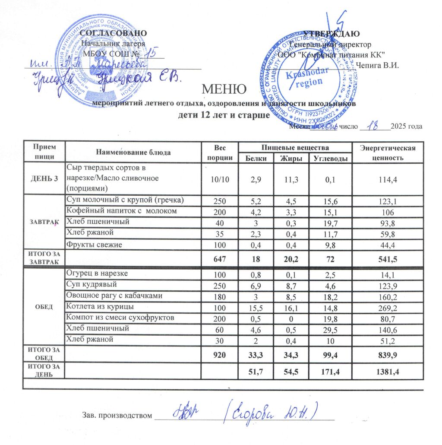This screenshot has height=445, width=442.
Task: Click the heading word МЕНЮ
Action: click(224, 89)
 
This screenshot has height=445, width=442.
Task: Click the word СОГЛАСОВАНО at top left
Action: click(113, 33)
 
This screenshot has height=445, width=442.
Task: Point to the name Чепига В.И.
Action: click(379, 66)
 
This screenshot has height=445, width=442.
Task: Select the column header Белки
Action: click(256, 159)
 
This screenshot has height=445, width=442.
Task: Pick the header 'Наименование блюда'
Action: click(133, 152)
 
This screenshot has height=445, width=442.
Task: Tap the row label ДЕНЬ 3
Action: click(44, 179)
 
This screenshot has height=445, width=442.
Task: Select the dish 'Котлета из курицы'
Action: click(99, 307)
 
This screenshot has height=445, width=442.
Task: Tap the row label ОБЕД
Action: click(44, 307)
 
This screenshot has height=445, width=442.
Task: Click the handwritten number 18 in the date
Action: click(370, 125)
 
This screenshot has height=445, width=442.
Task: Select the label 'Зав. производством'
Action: click(117, 416)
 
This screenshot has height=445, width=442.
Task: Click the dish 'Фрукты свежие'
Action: click(94, 245)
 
